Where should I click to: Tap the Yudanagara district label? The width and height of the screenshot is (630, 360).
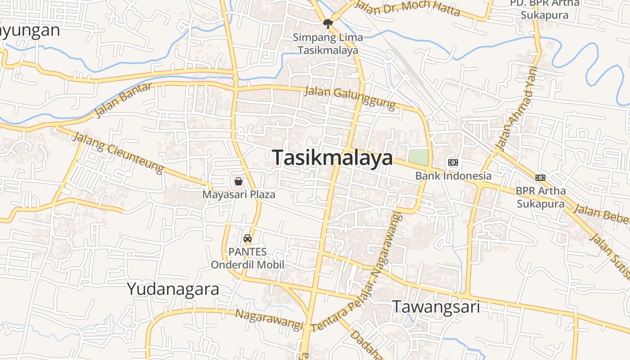point(173,289)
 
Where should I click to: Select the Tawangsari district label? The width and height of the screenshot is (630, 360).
point(436,307)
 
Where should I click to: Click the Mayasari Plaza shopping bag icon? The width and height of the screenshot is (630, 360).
point(238,181)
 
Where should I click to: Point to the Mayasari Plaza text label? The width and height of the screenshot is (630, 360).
point(238,195)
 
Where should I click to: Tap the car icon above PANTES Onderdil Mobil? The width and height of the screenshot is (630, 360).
point(247,238)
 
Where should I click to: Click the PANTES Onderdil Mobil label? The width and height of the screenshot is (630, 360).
point(247,258)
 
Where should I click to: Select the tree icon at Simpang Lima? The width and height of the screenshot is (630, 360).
point(328,23)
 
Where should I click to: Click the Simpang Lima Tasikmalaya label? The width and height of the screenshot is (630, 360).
point(328,44)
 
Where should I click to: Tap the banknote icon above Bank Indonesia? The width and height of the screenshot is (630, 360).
point(453,162)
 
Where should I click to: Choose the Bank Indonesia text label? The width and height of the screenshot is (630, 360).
point(453,176)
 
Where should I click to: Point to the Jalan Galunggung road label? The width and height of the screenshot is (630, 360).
point(350,98)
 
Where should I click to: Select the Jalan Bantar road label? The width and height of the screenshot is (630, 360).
point(123,100)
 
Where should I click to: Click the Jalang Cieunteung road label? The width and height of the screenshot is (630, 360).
point(118,153)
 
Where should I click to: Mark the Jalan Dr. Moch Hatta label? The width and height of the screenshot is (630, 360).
point(407,8)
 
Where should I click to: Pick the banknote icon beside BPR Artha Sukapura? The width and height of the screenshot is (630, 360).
point(540,178)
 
